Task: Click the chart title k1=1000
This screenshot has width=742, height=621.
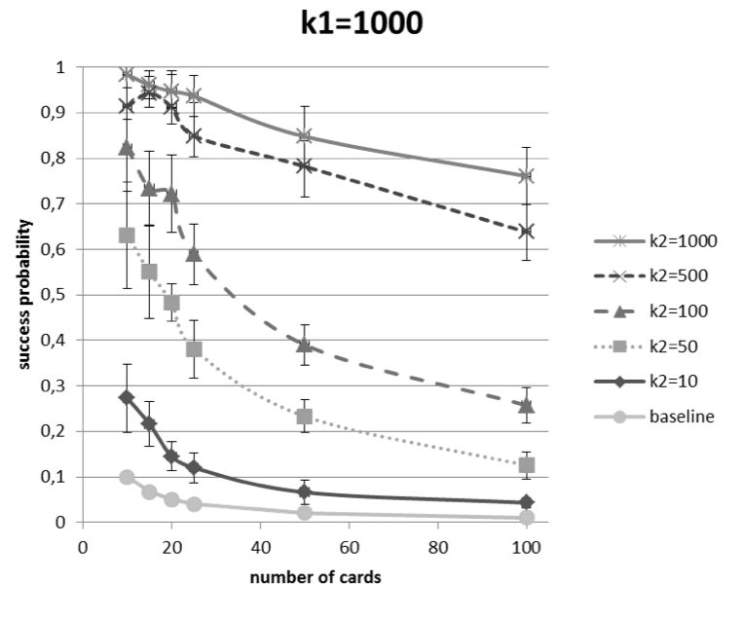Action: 360,22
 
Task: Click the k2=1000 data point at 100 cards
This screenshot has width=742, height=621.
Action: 527,176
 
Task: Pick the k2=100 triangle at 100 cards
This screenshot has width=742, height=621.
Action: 527,405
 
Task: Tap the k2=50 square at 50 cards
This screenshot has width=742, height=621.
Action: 305,417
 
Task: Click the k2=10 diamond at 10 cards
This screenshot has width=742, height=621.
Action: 127,397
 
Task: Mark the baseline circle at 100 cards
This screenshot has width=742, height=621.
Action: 527,518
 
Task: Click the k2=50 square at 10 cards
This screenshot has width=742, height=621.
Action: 127,235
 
